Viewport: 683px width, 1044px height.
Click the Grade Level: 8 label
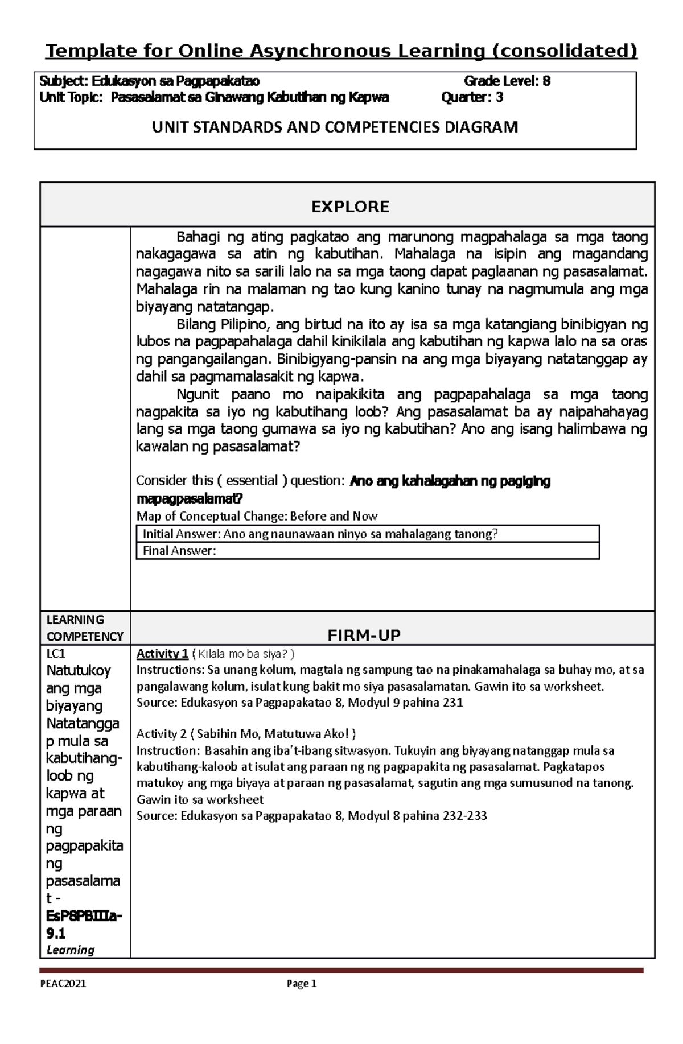(x=507, y=81)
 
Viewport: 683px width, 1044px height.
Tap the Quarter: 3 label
(x=472, y=97)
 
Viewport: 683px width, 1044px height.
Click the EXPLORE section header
(x=350, y=206)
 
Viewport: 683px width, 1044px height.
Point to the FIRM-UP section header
(x=364, y=636)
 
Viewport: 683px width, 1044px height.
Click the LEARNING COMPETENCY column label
(x=84, y=628)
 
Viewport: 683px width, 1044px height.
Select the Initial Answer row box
(x=367, y=534)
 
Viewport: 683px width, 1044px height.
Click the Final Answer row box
(x=367, y=551)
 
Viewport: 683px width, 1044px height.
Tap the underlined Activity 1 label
(x=162, y=653)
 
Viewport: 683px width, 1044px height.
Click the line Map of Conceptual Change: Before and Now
(x=257, y=516)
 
